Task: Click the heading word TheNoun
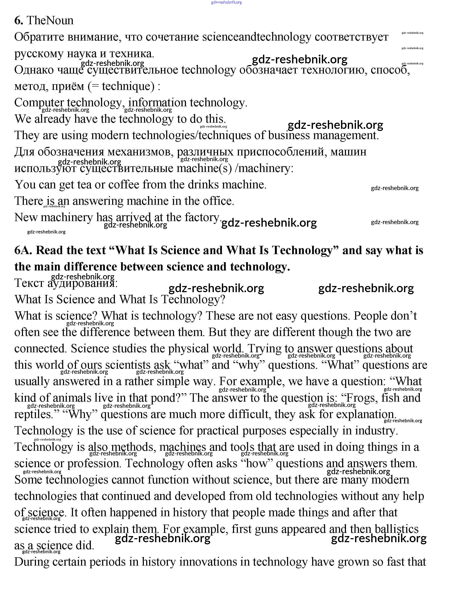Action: pos(50,20)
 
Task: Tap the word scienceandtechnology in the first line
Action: pos(256,37)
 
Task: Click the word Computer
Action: pos(39,103)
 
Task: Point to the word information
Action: pos(157,103)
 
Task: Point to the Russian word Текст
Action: pos(29,283)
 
